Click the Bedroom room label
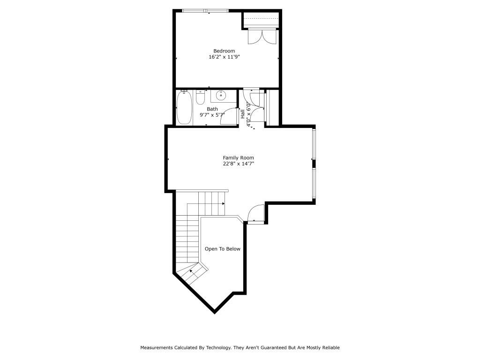(x=224, y=51)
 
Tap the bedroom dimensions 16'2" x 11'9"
(x=228, y=57)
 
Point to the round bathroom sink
(x=221, y=96)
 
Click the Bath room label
(x=212, y=109)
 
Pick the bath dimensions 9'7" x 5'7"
(x=212, y=115)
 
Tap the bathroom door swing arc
(x=228, y=116)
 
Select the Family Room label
(x=238, y=157)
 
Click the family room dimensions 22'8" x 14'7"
(x=238, y=164)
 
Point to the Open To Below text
(x=223, y=249)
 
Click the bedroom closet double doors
(x=260, y=37)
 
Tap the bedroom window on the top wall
(x=206, y=10)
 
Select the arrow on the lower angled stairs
(x=192, y=271)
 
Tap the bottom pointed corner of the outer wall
(x=214, y=312)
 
